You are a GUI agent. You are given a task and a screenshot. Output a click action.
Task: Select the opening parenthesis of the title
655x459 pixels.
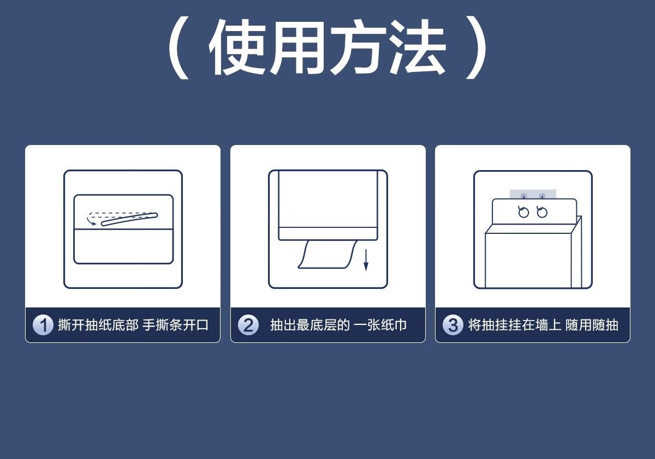click(x=178, y=47)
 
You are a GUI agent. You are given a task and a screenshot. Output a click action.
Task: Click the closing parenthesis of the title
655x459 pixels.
click(x=476, y=47)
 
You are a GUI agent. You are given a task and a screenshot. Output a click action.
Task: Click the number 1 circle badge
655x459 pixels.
click(x=43, y=325)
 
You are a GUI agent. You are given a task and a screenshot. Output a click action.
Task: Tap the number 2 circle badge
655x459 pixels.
click(x=248, y=325)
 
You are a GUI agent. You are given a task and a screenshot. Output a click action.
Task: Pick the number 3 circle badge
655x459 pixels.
click(x=453, y=325)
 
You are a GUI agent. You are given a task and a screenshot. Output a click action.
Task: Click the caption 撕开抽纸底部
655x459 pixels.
click(x=98, y=325)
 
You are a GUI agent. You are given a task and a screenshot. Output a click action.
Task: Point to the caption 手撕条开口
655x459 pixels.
click(x=175, y=325)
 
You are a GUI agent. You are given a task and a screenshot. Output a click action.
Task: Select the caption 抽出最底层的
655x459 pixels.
click(x=309, y=325)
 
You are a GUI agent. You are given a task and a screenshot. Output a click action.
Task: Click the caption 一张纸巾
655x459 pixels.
click(x=380, y=325)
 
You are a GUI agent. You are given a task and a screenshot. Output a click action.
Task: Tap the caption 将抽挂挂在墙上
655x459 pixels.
click(x=515, y=325)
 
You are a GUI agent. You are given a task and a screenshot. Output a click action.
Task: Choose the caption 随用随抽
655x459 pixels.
click(x=592, y=325)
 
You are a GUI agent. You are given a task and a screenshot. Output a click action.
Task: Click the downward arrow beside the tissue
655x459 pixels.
click(x=366, y=260)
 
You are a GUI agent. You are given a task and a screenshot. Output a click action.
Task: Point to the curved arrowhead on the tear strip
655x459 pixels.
click(x=93, y=224)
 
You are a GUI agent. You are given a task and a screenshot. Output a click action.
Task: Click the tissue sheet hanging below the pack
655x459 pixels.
click(x=327, y=254)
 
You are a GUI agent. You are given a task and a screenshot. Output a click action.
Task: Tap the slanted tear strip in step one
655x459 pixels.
click(x=129, y=219)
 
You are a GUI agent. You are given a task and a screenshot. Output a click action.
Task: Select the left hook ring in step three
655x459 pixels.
click(x=523, y=212)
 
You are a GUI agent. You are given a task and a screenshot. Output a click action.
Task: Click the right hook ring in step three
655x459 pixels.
click(x=542, y=212)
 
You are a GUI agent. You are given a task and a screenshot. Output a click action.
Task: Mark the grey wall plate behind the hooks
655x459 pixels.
click(x=533, y=194)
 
